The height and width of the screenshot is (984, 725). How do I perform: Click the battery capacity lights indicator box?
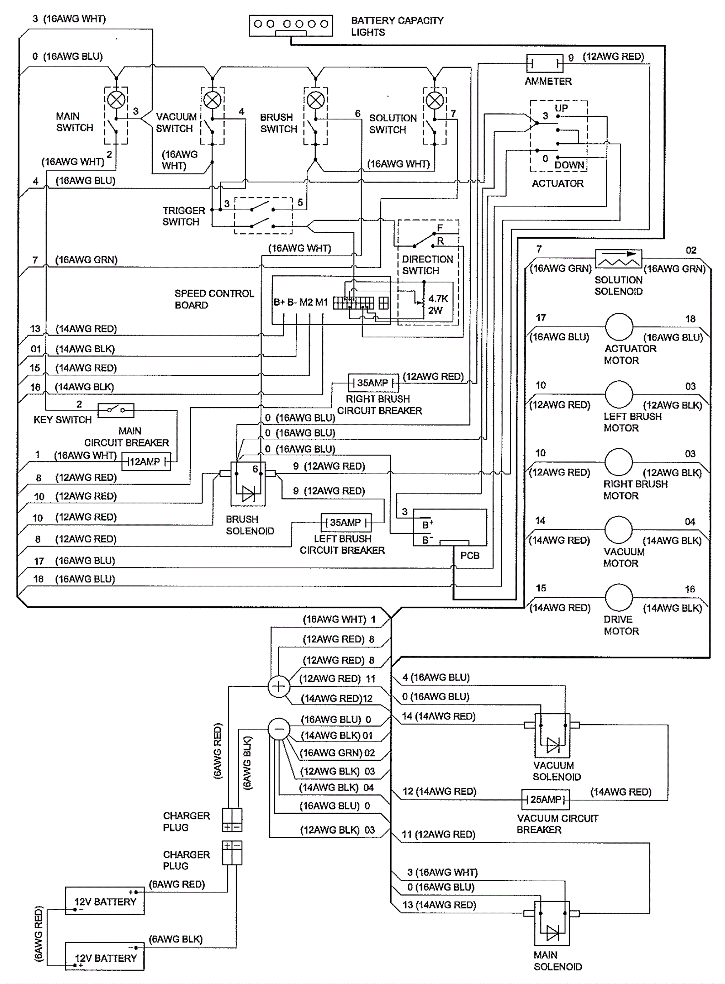tap(290, 25)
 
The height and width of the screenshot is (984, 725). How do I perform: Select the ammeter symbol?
tap(544, 63)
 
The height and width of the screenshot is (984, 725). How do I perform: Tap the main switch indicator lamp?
tap(117, 99)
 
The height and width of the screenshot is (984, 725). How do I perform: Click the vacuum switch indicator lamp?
tap(213, 100)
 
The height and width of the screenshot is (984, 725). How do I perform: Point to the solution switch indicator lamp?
tap(435, 100)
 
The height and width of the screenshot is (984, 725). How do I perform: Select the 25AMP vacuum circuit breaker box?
tap(546, 799)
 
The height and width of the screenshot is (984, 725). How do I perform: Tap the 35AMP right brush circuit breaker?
tap(373, 383)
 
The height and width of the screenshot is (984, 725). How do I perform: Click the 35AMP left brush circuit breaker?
tap(346, 523)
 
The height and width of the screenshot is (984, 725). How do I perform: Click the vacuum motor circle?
tap(619, 530)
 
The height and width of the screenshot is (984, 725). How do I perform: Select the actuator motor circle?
tap(619, 327)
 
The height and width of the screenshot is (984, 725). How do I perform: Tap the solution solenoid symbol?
tap(619, 259)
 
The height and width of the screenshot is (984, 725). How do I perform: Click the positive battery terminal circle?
tap(279, 686)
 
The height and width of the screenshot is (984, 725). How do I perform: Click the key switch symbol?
tap(116, 410)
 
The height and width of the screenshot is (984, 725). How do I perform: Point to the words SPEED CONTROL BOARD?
tap(214, 299)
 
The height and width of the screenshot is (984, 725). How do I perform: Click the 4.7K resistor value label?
tap(438, 299)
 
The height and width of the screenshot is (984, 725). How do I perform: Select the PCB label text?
tap(469, 556)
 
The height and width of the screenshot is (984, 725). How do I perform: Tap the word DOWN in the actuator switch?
tap(569, 165)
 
